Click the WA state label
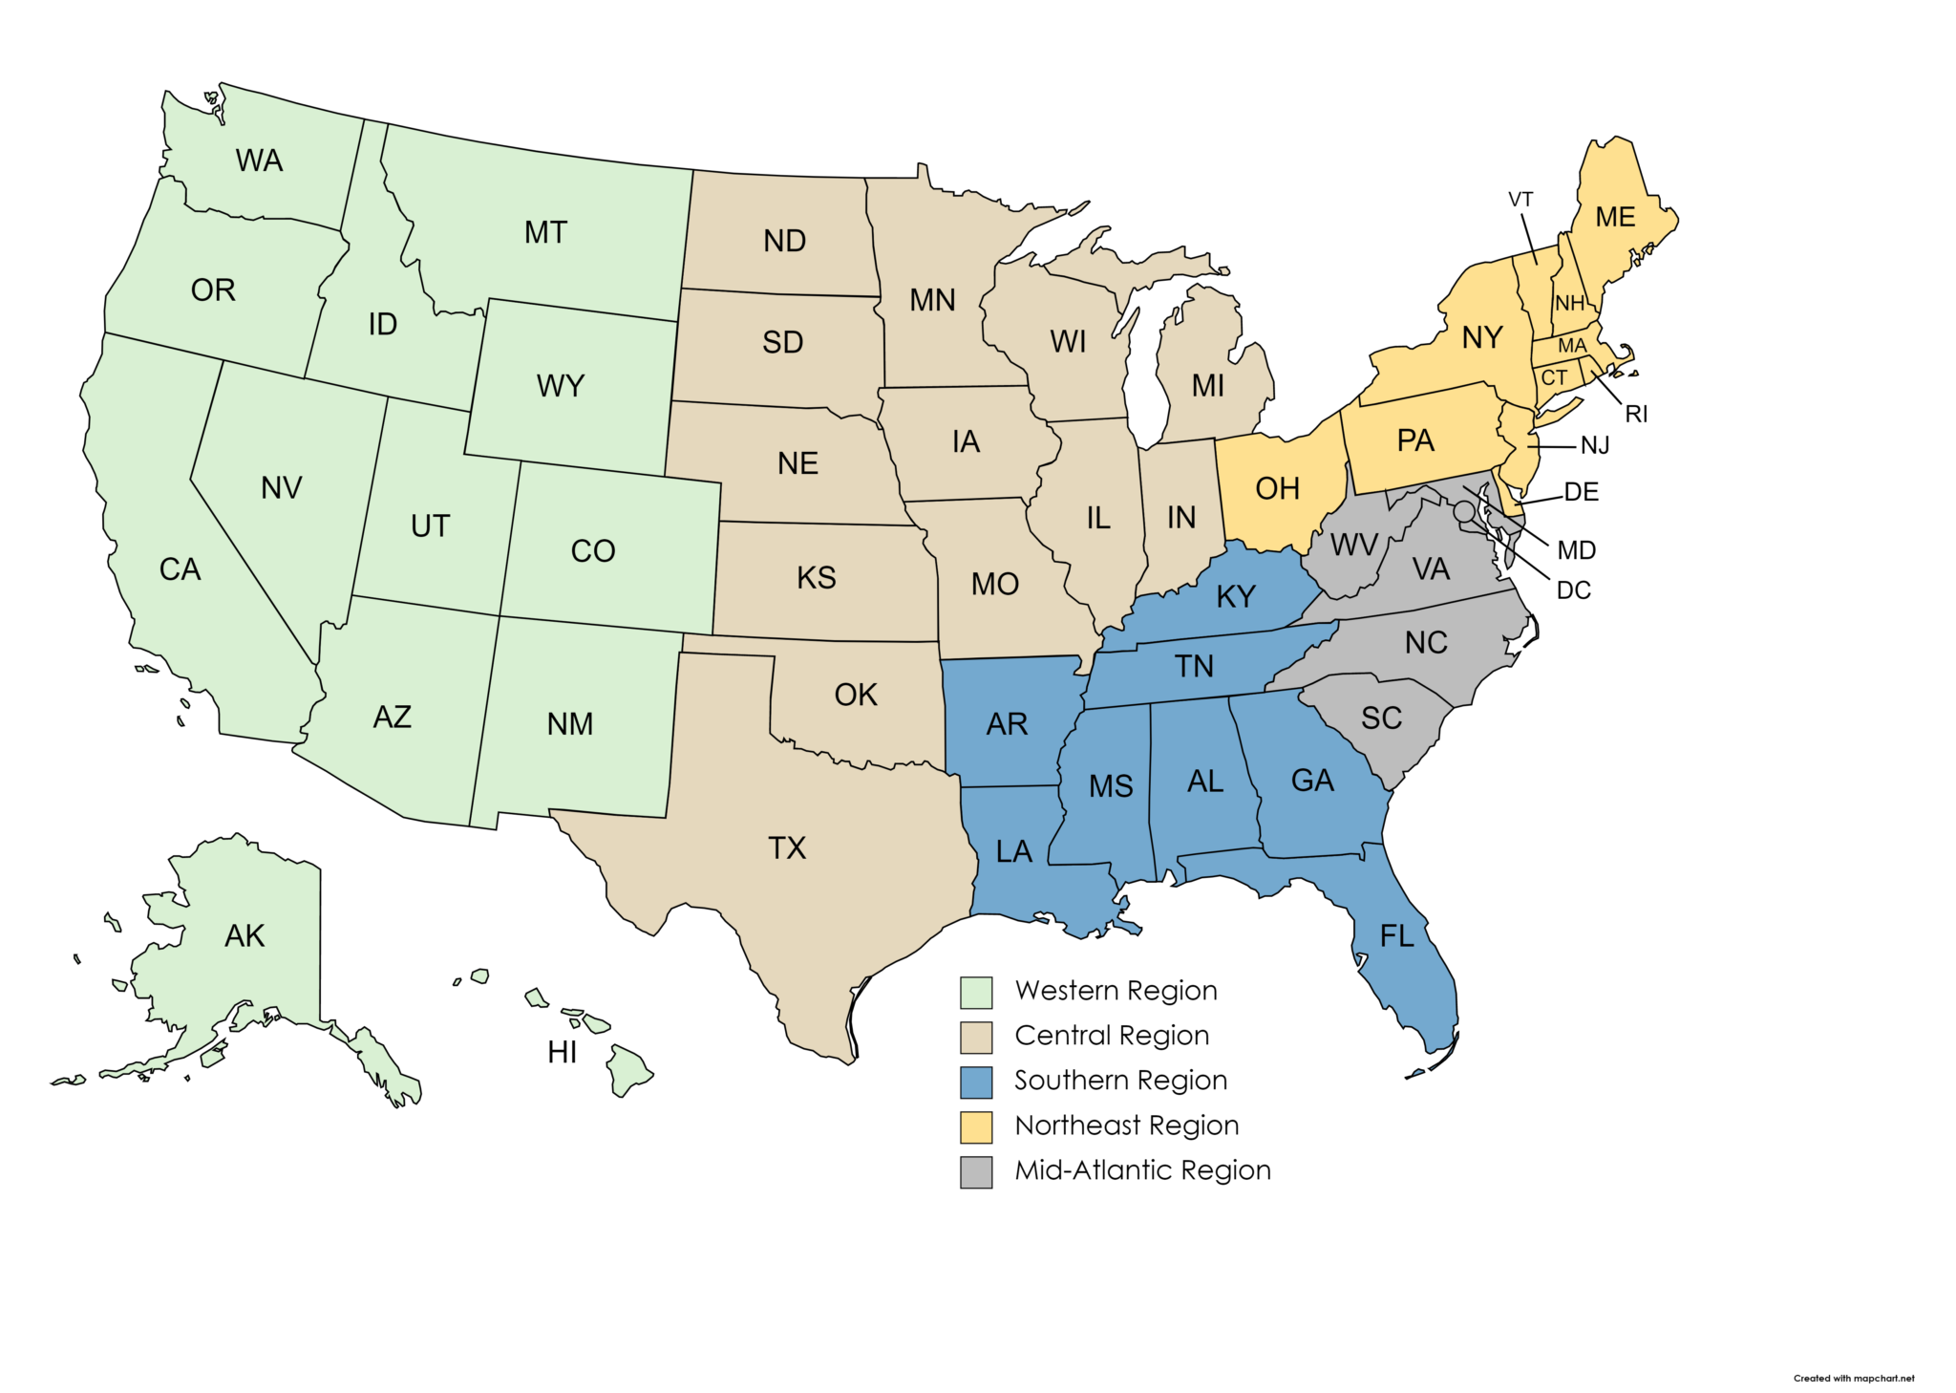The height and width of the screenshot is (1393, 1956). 259,161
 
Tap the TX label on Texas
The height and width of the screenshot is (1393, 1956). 787,847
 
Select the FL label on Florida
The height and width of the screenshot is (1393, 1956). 1396,936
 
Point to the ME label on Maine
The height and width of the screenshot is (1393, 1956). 1615,218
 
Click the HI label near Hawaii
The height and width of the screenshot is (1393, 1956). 562,1052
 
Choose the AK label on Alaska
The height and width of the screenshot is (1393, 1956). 244,935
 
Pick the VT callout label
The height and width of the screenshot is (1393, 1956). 1520,200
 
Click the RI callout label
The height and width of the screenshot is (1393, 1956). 1636,415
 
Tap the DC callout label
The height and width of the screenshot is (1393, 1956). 1573,590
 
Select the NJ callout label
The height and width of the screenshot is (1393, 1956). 1595,446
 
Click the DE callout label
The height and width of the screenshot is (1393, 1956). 1581,492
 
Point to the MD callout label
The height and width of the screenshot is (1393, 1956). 1576,550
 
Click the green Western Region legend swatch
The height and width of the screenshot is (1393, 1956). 976,992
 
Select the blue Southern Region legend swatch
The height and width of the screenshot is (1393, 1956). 976,1082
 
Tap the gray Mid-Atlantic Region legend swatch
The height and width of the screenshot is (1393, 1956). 976,1171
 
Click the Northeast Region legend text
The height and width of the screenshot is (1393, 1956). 1126,1125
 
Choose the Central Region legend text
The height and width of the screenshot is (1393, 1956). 1112,1036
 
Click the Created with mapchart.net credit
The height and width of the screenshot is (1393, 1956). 1853,1378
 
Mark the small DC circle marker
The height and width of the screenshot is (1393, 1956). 1463,512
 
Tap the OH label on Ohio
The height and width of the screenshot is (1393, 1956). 1277,489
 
